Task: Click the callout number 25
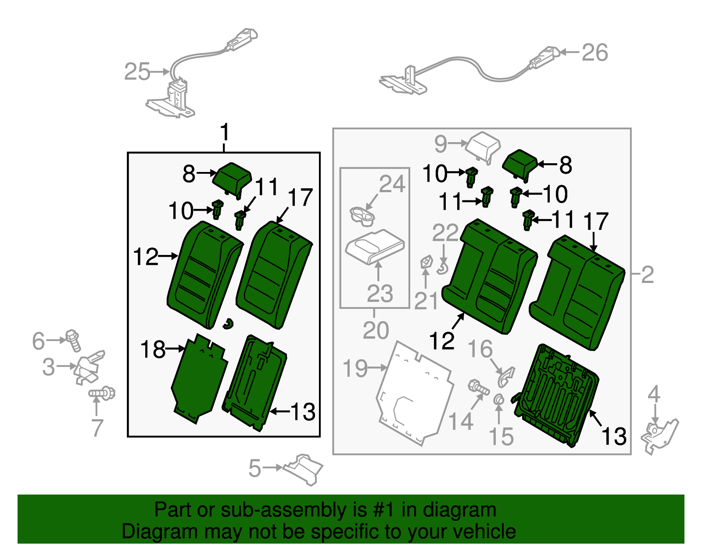[x=137, y=72]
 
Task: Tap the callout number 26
[x=595, y=53]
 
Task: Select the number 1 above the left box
[x=224, y=132]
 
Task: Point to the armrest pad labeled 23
[x=374, y=246]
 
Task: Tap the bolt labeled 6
[x=73, y=340]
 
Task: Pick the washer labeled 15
[x=498, y=400]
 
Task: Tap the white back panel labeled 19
[x=415, y=393]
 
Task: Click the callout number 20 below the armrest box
[x=376, y=330]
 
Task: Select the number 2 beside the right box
[x=647, y=275]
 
